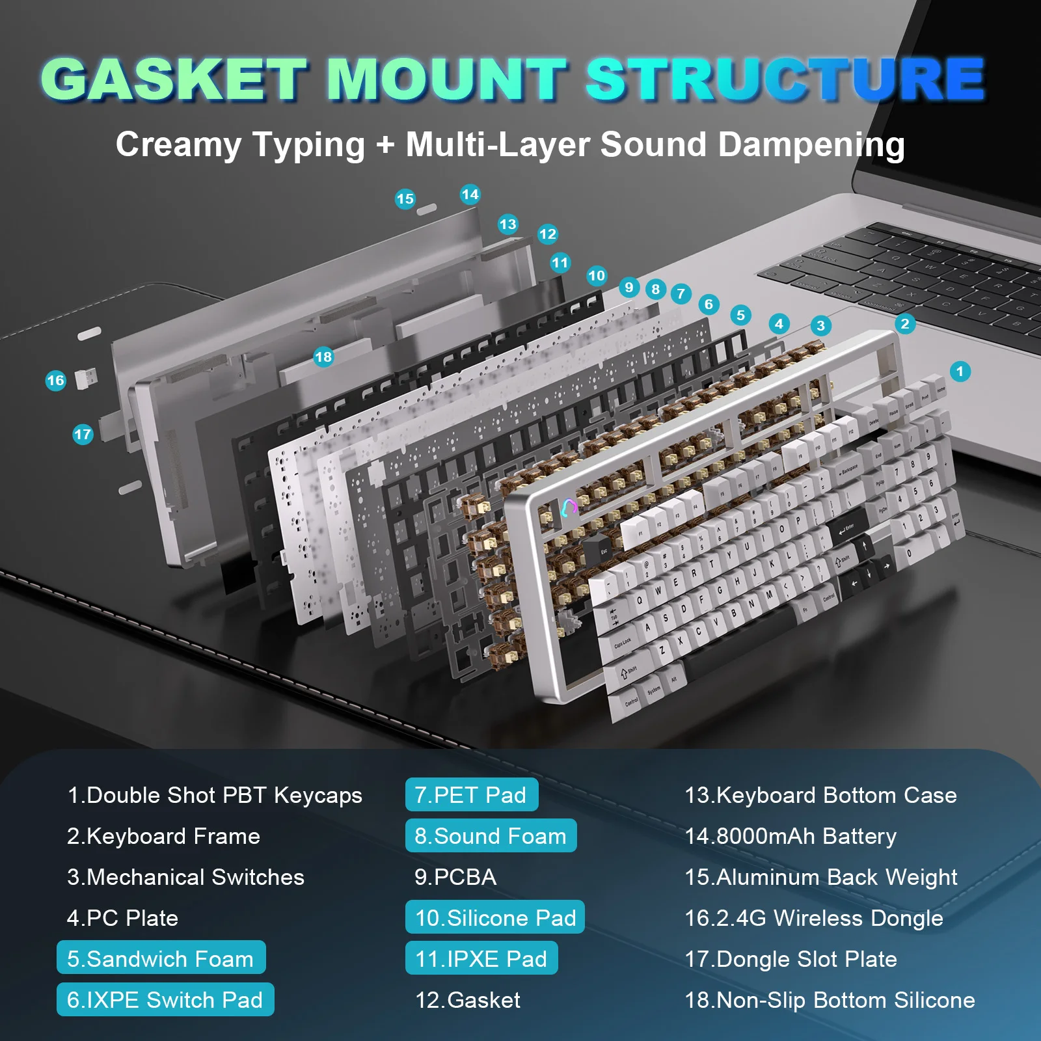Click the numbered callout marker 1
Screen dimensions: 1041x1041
point(960,372)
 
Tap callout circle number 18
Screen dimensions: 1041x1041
point(323,357)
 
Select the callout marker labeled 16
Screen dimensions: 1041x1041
point(56,381)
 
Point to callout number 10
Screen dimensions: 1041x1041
point(596,275)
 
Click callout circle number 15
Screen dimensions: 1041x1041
point(405,198)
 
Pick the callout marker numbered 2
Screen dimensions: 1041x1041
point(904,323)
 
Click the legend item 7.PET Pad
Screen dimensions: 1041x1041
point(471,794)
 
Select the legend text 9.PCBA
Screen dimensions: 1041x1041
point(455,877)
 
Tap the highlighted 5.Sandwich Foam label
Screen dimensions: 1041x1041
point(161,958)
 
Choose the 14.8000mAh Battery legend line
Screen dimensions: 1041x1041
point(791,836)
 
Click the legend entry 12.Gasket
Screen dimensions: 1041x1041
point(468,1000)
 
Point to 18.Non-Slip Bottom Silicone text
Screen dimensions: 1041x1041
point(830,1000)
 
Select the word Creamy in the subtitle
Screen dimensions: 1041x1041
point(178,144)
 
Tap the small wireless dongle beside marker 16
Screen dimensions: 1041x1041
point(86,378)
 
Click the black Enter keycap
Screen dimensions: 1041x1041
point(847,530)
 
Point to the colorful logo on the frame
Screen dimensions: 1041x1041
point(569,507)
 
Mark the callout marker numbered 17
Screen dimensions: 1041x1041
point(83,435)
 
